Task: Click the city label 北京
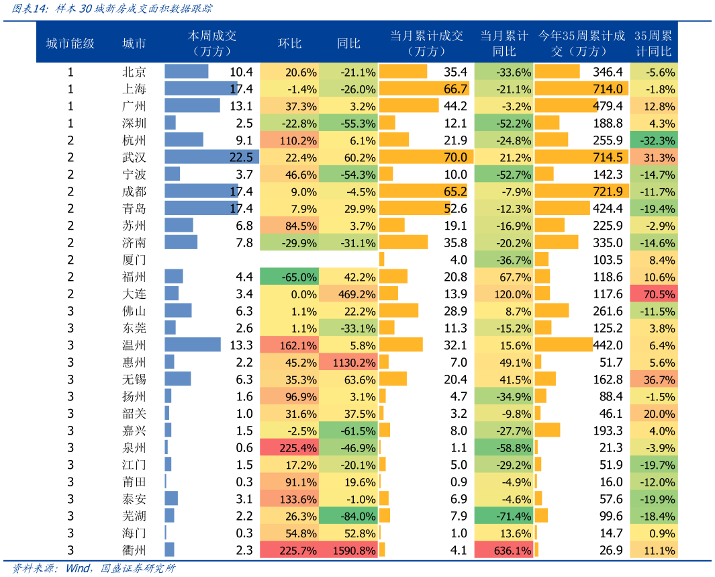(x=134, y=72)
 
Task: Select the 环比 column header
(x=290, y=44)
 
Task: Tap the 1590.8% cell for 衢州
(x=348, y=550)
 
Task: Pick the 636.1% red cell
(x=504, y=550)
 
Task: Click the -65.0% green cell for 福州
(x=289, y=277)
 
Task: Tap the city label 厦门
(x=134, y=260)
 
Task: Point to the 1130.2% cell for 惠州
(x=348, y=363)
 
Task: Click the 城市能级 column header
(x=70, y=44)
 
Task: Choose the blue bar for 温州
(x=193, y=345)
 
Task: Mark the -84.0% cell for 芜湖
(x=348, y=516)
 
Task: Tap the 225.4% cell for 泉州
(x=289, y=448)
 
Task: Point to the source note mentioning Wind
(x=95, y=568)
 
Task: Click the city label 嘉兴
(x=134, y=431)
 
